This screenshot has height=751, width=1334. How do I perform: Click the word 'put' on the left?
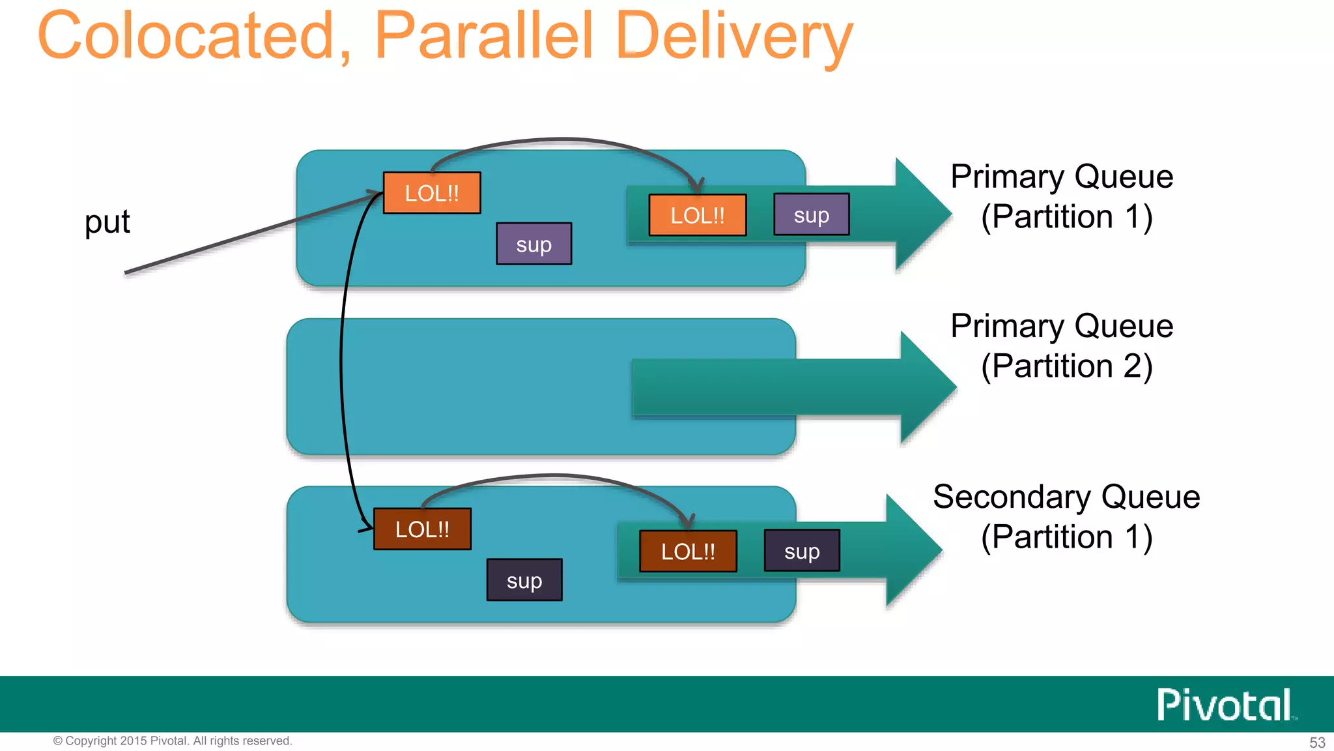(107, 222)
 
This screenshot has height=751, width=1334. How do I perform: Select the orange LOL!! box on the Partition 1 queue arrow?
(698, 215)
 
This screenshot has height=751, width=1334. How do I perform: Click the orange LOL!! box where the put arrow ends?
(432, 193)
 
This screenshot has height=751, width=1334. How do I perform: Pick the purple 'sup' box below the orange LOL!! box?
(534, 244)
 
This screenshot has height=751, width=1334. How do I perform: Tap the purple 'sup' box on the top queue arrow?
(812, 214)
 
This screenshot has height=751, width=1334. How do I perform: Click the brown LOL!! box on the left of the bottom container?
(422, 529)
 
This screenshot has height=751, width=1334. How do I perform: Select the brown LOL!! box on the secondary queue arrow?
(688, 551)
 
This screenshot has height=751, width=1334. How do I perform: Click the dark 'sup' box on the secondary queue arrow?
(802, 551)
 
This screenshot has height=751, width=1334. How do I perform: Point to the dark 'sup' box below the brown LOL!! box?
(524, 580)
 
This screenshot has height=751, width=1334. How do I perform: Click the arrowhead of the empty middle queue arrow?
(925, 387)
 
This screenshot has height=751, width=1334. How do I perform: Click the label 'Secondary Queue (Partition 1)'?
(1066, 516)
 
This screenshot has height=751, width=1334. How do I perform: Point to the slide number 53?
(1317, 743)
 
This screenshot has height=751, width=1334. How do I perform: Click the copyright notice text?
(173, 741)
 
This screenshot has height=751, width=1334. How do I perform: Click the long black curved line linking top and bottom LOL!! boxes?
(341, 365)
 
